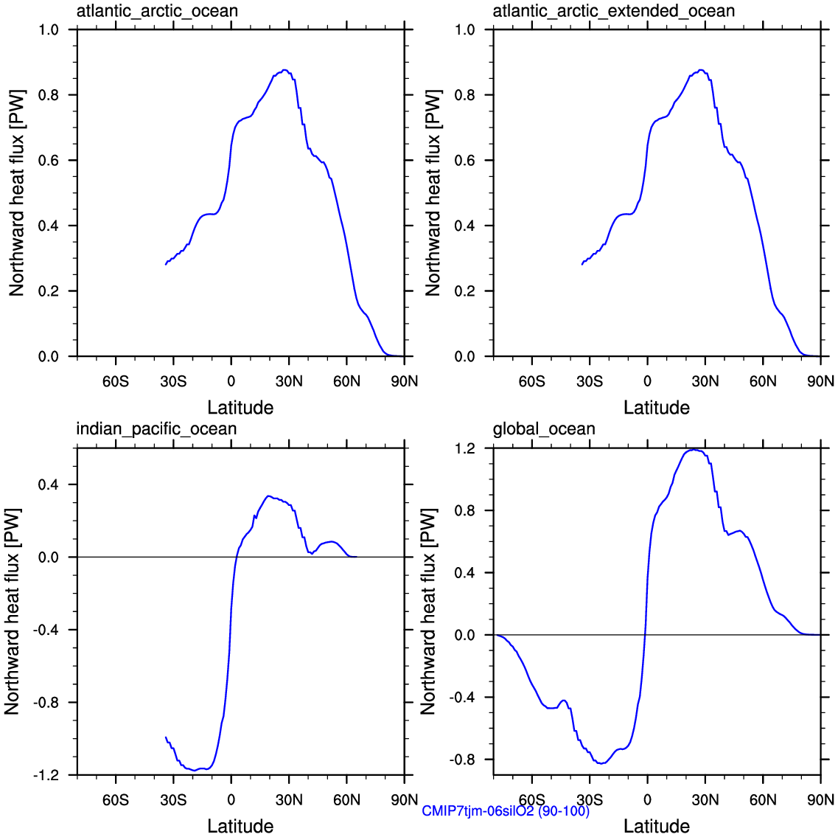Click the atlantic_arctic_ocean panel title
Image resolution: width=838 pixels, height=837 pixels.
pyautogui.click(x=157, y=11)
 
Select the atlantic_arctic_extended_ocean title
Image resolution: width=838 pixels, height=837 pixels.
pyautogui.click(x=613, y=11)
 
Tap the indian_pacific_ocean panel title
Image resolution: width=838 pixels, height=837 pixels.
pyautogui.click(x=156, y=429)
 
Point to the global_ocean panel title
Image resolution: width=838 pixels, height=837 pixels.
pyautogui.click(x=543, y=429)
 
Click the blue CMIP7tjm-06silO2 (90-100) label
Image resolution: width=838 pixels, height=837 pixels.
pyautogui.click(x=506, y=811)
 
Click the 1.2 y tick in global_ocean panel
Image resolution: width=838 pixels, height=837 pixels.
pyautogui.click(x=465, y=448)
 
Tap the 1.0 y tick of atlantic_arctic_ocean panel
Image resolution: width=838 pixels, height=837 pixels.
pyautogui.click(x=49, y=30)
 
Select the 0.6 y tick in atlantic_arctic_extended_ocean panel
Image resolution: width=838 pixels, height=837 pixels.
pyautogui.click(x=465, y=161)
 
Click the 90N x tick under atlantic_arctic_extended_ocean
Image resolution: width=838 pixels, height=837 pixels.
pyautogui.click(x=820, y=381)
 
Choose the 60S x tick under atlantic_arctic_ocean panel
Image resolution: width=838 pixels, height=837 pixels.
pyautogui.click(x=116, y=381)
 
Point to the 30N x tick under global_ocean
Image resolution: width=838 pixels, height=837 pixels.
pyautogui.click(x=705, y=800)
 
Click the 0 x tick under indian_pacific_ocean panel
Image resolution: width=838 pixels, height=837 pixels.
pyautogui.click(x=231, y=800)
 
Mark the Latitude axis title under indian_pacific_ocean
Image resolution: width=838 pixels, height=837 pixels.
pyautogui.click(x=240, y=826)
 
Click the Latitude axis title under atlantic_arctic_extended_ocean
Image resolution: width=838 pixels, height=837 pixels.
pyautogui.click(x=657, y=408)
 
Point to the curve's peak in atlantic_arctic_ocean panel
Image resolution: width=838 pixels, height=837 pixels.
pyautogui.click(x=284, y=70)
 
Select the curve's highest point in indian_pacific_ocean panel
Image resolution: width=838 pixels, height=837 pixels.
pyautogui.click(x=269, y=496)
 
